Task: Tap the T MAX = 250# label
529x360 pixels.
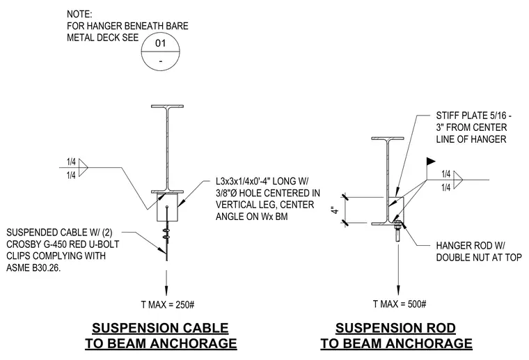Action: pos(167,305)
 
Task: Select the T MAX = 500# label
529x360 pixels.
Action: pos(400,304)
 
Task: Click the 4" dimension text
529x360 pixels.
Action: pos(335,210)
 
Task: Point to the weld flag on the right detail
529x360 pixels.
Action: pos(431,162)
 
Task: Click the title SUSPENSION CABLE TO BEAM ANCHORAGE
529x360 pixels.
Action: pos(161,336)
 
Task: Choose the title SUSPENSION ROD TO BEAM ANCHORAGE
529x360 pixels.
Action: pos(396,336)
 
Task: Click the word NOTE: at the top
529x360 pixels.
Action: pos(79,14)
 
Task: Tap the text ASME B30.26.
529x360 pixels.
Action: pos(33,268)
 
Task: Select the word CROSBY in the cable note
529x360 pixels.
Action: pos(22,244)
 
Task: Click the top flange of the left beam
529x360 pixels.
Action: pos(167,107)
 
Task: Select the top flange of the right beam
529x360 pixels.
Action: pos(388,139)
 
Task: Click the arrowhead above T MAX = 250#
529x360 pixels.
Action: pos(166,291)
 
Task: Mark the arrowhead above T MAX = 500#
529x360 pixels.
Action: pos(398,291)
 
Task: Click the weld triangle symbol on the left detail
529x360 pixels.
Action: pos(83,168)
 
